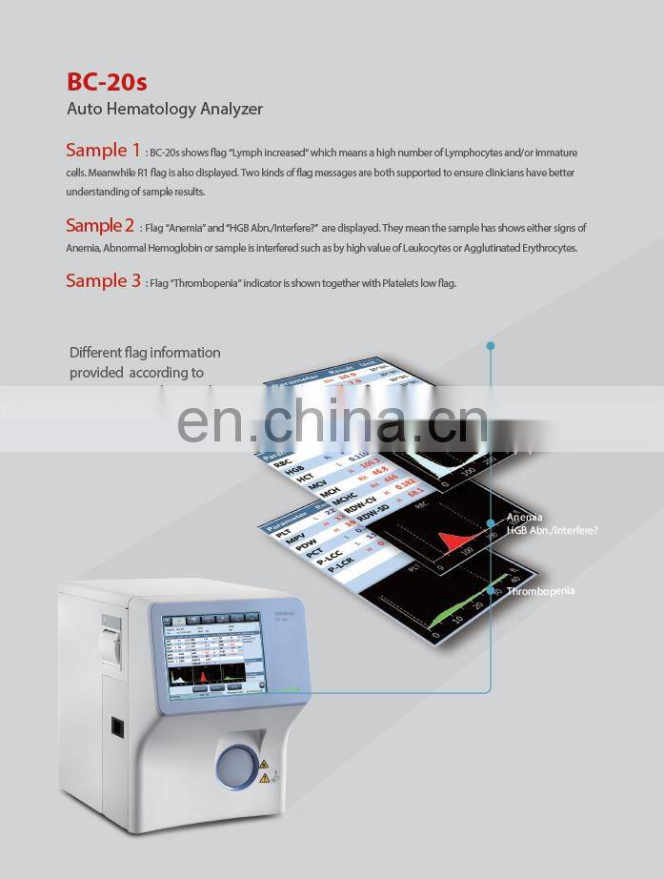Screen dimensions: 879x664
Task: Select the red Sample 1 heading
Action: tap(103, 150)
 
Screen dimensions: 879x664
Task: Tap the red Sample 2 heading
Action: tap(100, 226)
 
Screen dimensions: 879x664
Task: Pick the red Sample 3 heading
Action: tap(103, 280)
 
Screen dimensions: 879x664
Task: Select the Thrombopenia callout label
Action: tap(540, 591)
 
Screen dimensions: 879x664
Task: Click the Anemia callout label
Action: tap(525, 518)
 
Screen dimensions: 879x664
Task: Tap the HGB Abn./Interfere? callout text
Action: tap(553, 530)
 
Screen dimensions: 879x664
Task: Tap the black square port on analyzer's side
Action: tap(116, 726)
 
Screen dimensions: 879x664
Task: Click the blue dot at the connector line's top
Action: tap(491, 345)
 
